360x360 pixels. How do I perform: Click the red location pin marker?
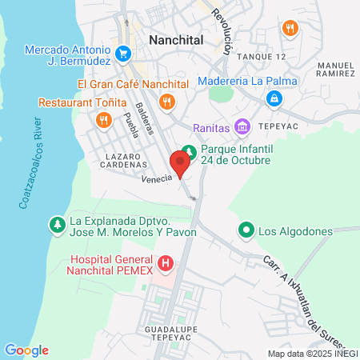coord(182,164)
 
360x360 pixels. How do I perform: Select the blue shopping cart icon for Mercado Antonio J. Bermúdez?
coord(123,54)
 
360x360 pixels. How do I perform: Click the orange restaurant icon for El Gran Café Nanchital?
coord(166,101)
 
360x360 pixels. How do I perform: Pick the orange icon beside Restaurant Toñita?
coord(103,120)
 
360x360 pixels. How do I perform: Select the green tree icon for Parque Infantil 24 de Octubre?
coord(189,151)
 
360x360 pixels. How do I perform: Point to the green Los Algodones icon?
coord(246,232)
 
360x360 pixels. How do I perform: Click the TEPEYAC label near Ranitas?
coord(278,126)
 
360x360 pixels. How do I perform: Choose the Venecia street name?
coord(156,179)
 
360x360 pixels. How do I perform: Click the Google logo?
coord(26,350)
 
